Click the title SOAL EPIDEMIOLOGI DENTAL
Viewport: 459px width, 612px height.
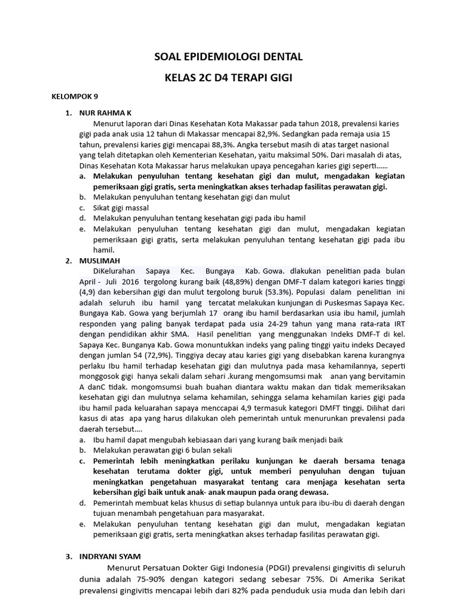tap(229, 57)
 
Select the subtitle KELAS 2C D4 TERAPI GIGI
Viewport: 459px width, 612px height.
tap(229, 78)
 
